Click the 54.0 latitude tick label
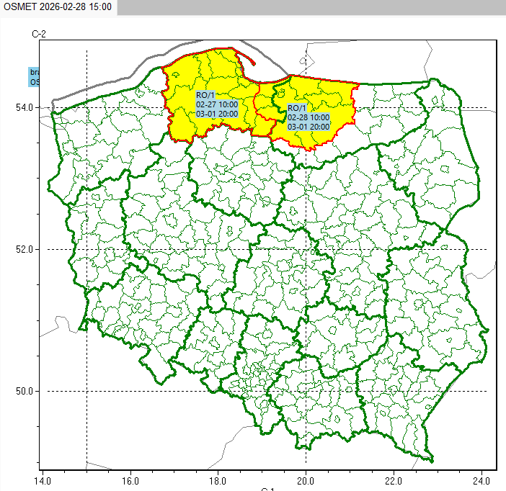25,107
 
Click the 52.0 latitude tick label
25,249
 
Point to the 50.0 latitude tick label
25,391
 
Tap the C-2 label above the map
39,34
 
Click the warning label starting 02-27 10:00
217,104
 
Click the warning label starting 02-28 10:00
308,117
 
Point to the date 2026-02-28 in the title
63,6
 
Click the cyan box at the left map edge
33,77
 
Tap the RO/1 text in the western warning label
205,95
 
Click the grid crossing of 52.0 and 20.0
306,249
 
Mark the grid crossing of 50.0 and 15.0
86,391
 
